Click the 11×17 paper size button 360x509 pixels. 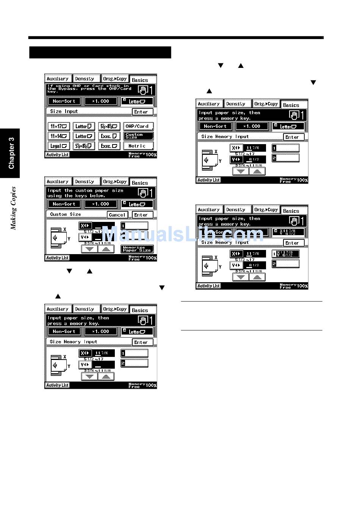point(59,126)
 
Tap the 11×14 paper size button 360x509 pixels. point(59,136)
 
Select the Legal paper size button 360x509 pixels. point(59,146)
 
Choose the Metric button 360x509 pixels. point(138,146)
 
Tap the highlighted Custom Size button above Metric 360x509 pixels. point(138,136)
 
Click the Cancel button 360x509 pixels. point(117,215)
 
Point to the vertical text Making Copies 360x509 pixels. point(14,208)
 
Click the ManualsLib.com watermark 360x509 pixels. point(182,234)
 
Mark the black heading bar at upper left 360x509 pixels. point(100,52)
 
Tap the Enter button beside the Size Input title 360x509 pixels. point(142,112)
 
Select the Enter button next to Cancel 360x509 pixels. point(142,215)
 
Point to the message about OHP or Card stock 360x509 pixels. point(90,89)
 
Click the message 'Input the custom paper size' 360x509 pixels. point(85,193)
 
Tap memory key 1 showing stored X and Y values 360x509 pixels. point(285,254)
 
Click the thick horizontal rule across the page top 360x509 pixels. point(176,38)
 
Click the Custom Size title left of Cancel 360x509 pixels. point(66,214)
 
